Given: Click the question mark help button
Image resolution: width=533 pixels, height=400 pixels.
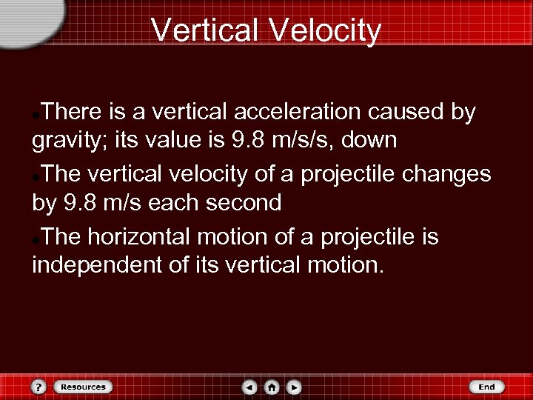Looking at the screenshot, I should [38, 387].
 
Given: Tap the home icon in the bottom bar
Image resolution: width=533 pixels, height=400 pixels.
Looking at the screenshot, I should [272, 387].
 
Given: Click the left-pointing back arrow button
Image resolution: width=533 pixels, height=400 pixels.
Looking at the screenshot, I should [250, 387].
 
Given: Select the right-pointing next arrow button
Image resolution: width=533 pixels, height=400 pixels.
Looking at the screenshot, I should [294, 387].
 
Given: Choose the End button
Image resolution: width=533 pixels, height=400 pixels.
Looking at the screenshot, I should [486, 387].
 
